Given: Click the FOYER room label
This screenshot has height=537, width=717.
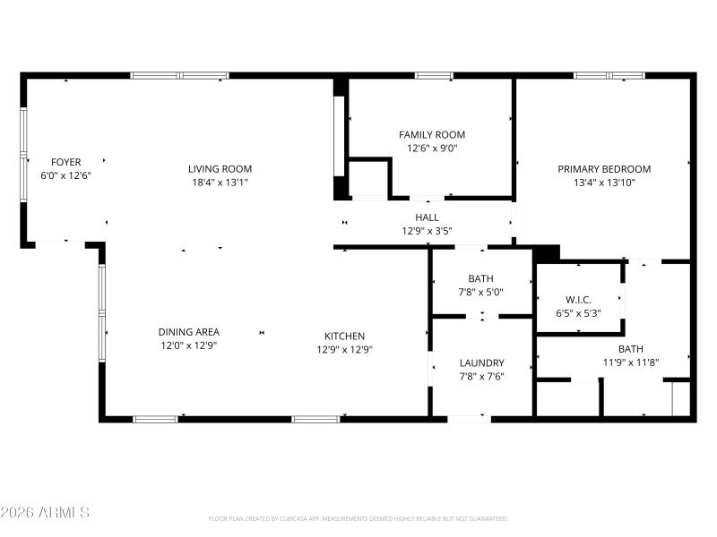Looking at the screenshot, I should pyautogui.click(x=66, y=162).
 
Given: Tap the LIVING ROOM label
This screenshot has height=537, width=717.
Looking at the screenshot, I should pyautogui.click(x=220, y=168).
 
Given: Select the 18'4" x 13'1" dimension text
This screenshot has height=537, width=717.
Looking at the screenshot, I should pyautogui.click(x=220, y=183).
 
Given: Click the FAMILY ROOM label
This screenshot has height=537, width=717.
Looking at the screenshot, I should pyautogui.click(x=432, y=134).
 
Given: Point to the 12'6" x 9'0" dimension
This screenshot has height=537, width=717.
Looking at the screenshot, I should pyautogui.click(x=432, y=149).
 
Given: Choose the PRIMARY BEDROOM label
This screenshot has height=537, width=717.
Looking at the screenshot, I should pyautogui.click(x=604, y=168).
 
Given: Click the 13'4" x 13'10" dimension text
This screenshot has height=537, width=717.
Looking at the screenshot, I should pyautogui.click(x=604, y=183).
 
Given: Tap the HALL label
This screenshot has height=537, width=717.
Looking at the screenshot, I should pyautogui.click(x=427, y=217).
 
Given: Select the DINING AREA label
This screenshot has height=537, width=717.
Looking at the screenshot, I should pyautogui.click(x=189, y=331).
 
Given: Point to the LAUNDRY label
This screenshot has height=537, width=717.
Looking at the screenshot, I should pyautogui.click(x=482, y=362).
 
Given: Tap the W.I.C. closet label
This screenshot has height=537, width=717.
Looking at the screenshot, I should pyautogui.click(x=578, y=299).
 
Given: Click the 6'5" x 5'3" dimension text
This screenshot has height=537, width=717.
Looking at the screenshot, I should pyautogui.click(x=578, y=313).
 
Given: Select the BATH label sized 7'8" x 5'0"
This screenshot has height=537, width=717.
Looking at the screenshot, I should pyautogui.click(x=480, y=278).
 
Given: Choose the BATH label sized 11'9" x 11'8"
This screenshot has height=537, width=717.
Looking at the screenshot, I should pyautogui.click(x=630, y=349).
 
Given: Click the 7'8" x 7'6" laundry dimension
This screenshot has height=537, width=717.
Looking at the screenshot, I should pyautogui.click(x=482, y=377).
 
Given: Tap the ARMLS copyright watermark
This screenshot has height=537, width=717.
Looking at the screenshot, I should pyautogui.click(x=45, y=513).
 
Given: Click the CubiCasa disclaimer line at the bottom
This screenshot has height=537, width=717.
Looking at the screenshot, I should pyautogui.click(x=358, y=518).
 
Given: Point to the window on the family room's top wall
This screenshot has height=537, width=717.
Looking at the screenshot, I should pyautogui.click(x=434, y=76).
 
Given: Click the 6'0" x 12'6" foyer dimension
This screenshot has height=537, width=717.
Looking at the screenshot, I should pyautogui.click(x=66, y=176).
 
